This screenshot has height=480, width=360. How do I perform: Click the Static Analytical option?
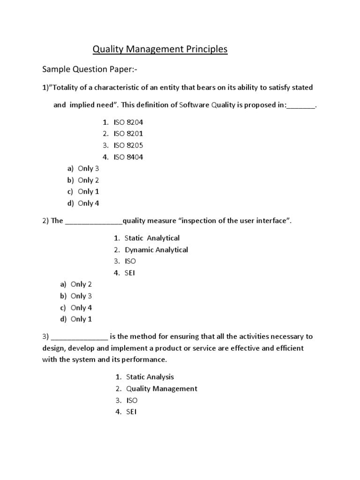[152, 238]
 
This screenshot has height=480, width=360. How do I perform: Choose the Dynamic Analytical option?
[156, 250]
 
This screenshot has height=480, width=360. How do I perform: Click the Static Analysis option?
[150, 377]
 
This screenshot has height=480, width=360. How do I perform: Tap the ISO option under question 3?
[132, 400]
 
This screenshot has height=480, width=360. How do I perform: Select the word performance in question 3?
[144, 360]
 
